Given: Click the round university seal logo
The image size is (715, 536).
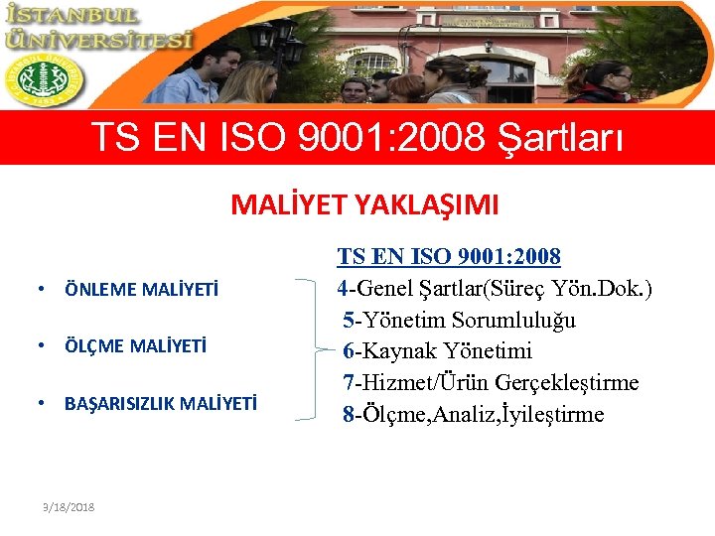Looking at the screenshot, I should [45, 79].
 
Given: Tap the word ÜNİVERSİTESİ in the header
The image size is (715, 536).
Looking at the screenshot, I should [96, 41].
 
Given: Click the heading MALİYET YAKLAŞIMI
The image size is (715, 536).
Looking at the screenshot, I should [364, 204].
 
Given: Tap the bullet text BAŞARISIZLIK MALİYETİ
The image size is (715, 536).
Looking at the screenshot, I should [160, 404].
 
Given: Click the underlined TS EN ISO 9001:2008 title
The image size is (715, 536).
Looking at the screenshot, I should [449, 257].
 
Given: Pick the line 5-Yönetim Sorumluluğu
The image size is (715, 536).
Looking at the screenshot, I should [459, 320].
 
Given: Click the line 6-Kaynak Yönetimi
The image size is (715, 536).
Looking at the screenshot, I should [437, 350].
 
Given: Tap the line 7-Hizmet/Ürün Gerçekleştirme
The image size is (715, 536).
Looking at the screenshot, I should [491, 382].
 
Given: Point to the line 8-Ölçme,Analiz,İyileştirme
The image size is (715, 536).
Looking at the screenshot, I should [473, 414].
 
